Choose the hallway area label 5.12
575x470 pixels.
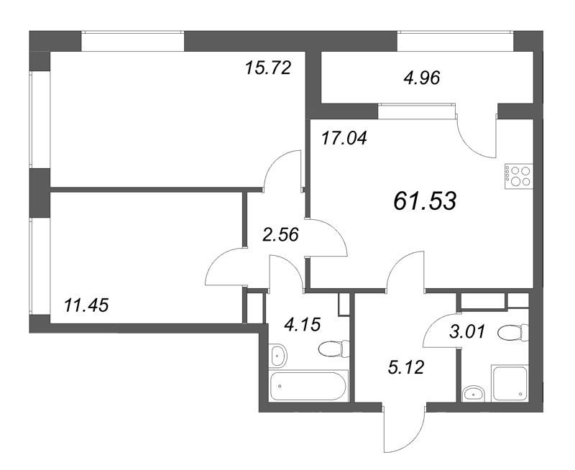pyautogui.click(x=404, y=369)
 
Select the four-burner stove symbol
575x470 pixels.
pyautogui.click(x=518, y=175)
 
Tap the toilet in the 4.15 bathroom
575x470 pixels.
pyautogui.click(x=333, y=349)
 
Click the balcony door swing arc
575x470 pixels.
pyautogui.click(x=475, y=137)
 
